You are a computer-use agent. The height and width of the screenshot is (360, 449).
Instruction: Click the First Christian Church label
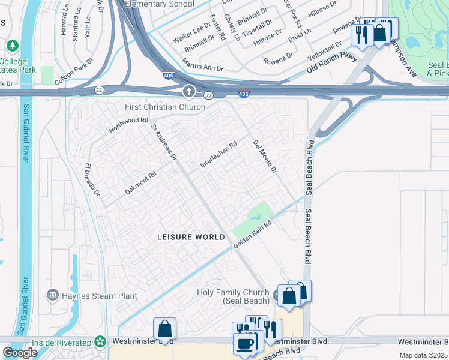point(165,107)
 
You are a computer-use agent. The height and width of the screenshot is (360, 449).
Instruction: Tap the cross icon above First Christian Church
point(188,92)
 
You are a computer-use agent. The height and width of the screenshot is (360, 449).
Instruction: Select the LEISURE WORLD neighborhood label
point(191,237)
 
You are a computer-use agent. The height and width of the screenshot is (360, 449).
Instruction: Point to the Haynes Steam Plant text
point(100,296)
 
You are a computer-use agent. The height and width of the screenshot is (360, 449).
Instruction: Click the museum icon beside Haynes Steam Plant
point(53,295)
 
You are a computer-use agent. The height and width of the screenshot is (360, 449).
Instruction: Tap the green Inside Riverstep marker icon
point(100,341)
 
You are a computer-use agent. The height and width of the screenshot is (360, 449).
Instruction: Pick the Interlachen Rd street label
point(219,154)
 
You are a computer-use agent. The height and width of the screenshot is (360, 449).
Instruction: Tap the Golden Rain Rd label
point(253,233)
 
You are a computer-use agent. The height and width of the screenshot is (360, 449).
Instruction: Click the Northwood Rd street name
point(128,125)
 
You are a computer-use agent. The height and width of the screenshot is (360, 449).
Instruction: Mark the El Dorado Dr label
point(92,180)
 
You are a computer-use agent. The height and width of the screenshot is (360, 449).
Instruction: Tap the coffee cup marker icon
point(244,343)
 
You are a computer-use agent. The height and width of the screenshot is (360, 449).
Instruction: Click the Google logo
point(20,353)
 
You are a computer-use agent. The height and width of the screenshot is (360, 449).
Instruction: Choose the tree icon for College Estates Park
point(12,46)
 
